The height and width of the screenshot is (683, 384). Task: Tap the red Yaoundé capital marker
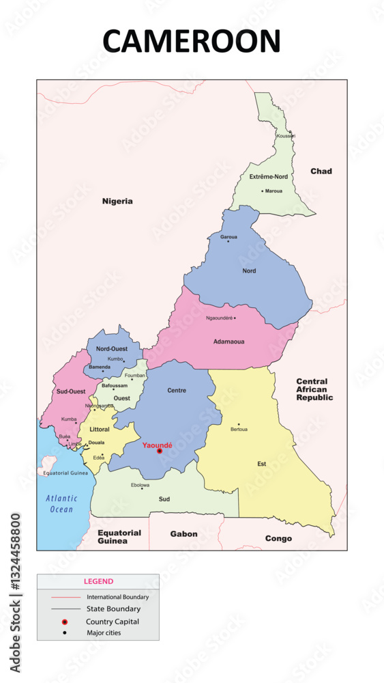[x=160, y=451]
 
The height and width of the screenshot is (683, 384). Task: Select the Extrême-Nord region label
[x=268, y=176]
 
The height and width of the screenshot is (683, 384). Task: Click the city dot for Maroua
[x=262, y=191]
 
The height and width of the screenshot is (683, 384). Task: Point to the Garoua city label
[x=228, y=236]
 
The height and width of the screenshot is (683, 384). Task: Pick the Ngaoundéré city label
[x=219, y=318]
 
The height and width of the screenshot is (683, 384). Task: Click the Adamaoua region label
[x=228, y=341]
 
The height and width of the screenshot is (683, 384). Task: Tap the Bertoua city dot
[x=239, y=424]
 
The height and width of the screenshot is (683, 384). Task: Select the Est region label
[x=261, y=464]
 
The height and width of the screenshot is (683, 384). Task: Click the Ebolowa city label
[x=140, y=485]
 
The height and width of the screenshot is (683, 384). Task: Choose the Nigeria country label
[x=117, y=201]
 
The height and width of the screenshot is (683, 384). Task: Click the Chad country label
[x=321, y=171]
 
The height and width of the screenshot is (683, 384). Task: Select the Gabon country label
[x=183, y=534]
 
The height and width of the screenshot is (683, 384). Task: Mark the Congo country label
[x=278, y=538]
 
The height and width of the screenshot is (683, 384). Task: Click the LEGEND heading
[x=98, y=581]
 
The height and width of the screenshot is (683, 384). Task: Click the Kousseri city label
[x=286, y=136]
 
